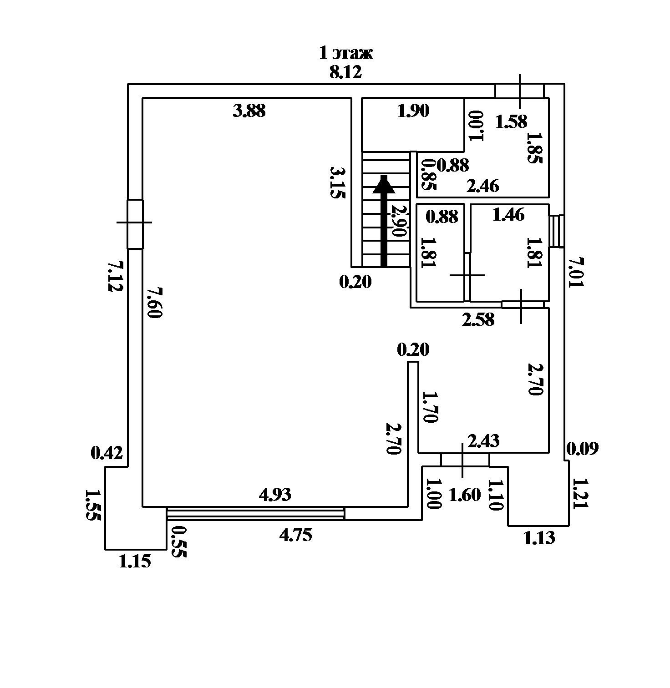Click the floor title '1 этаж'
point(346,53)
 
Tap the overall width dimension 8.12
point(346,72)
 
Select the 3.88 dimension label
point(249,111)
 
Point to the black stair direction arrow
point(384,221)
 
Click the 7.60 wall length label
point(154,303)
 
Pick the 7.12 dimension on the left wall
point(115,276)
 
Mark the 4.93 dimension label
point(274,495)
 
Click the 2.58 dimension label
point(478,319)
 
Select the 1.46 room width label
point(509,214)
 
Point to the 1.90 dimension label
point(413,111)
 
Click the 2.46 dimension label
point(483,186)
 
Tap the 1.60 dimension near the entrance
point(465,495)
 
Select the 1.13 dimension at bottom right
point(539,538)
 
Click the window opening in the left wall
point(135,224)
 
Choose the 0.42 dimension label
point(107,453)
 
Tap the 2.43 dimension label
point(483,440)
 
